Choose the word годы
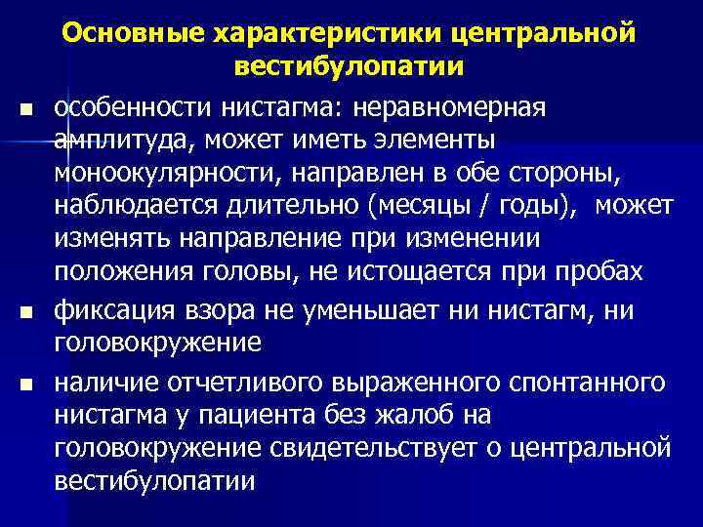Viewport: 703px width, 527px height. [536, 207]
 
